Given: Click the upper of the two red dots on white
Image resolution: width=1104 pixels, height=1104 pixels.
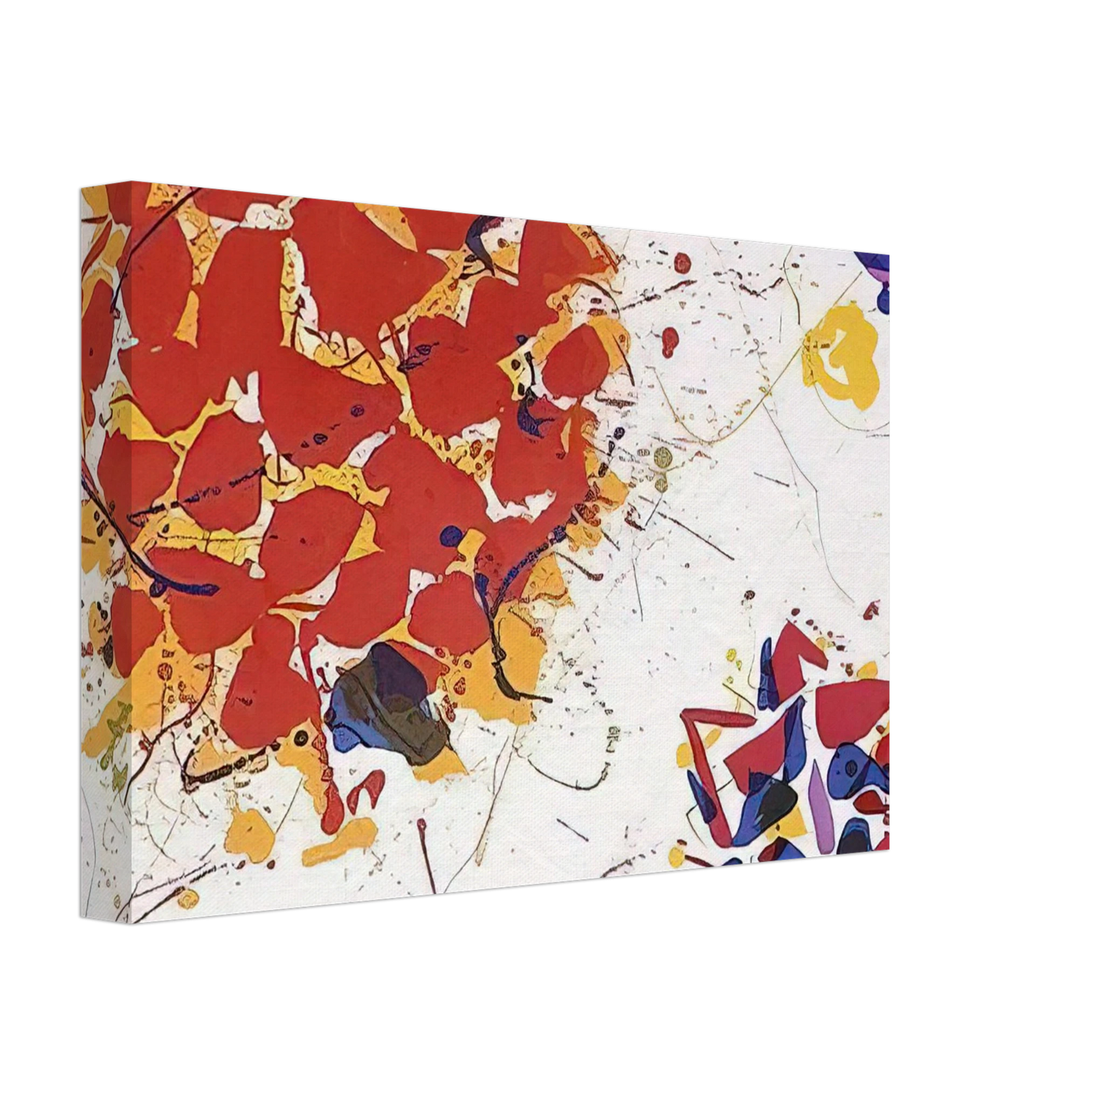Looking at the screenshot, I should [682, 264].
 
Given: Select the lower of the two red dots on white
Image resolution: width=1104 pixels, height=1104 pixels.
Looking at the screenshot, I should [670, 339].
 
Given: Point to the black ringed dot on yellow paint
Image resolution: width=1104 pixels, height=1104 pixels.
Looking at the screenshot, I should [301, 738].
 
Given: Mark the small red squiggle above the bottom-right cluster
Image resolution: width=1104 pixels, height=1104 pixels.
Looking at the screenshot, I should [870, 610].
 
